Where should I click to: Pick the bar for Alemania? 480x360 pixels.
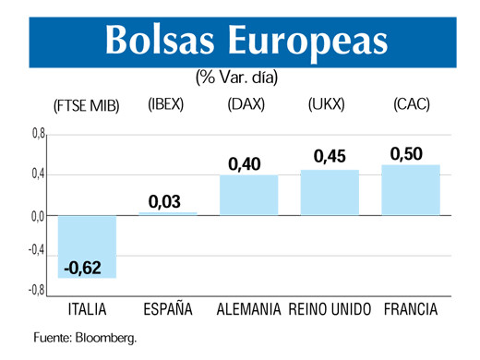click(248, 195)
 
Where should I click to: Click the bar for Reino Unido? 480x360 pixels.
click(330, 192)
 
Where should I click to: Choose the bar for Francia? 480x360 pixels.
click(411, 189)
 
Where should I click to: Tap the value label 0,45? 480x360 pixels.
click(330, 157)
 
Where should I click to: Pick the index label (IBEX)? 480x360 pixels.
click(166, 105)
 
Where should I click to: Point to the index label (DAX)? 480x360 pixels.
click(246, 105)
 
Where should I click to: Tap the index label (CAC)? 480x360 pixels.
click(409, 105)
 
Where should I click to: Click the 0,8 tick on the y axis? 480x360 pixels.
click(37, 135)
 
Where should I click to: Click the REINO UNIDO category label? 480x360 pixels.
click(330, 307)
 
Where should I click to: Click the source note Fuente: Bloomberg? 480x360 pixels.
click(85, 337)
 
